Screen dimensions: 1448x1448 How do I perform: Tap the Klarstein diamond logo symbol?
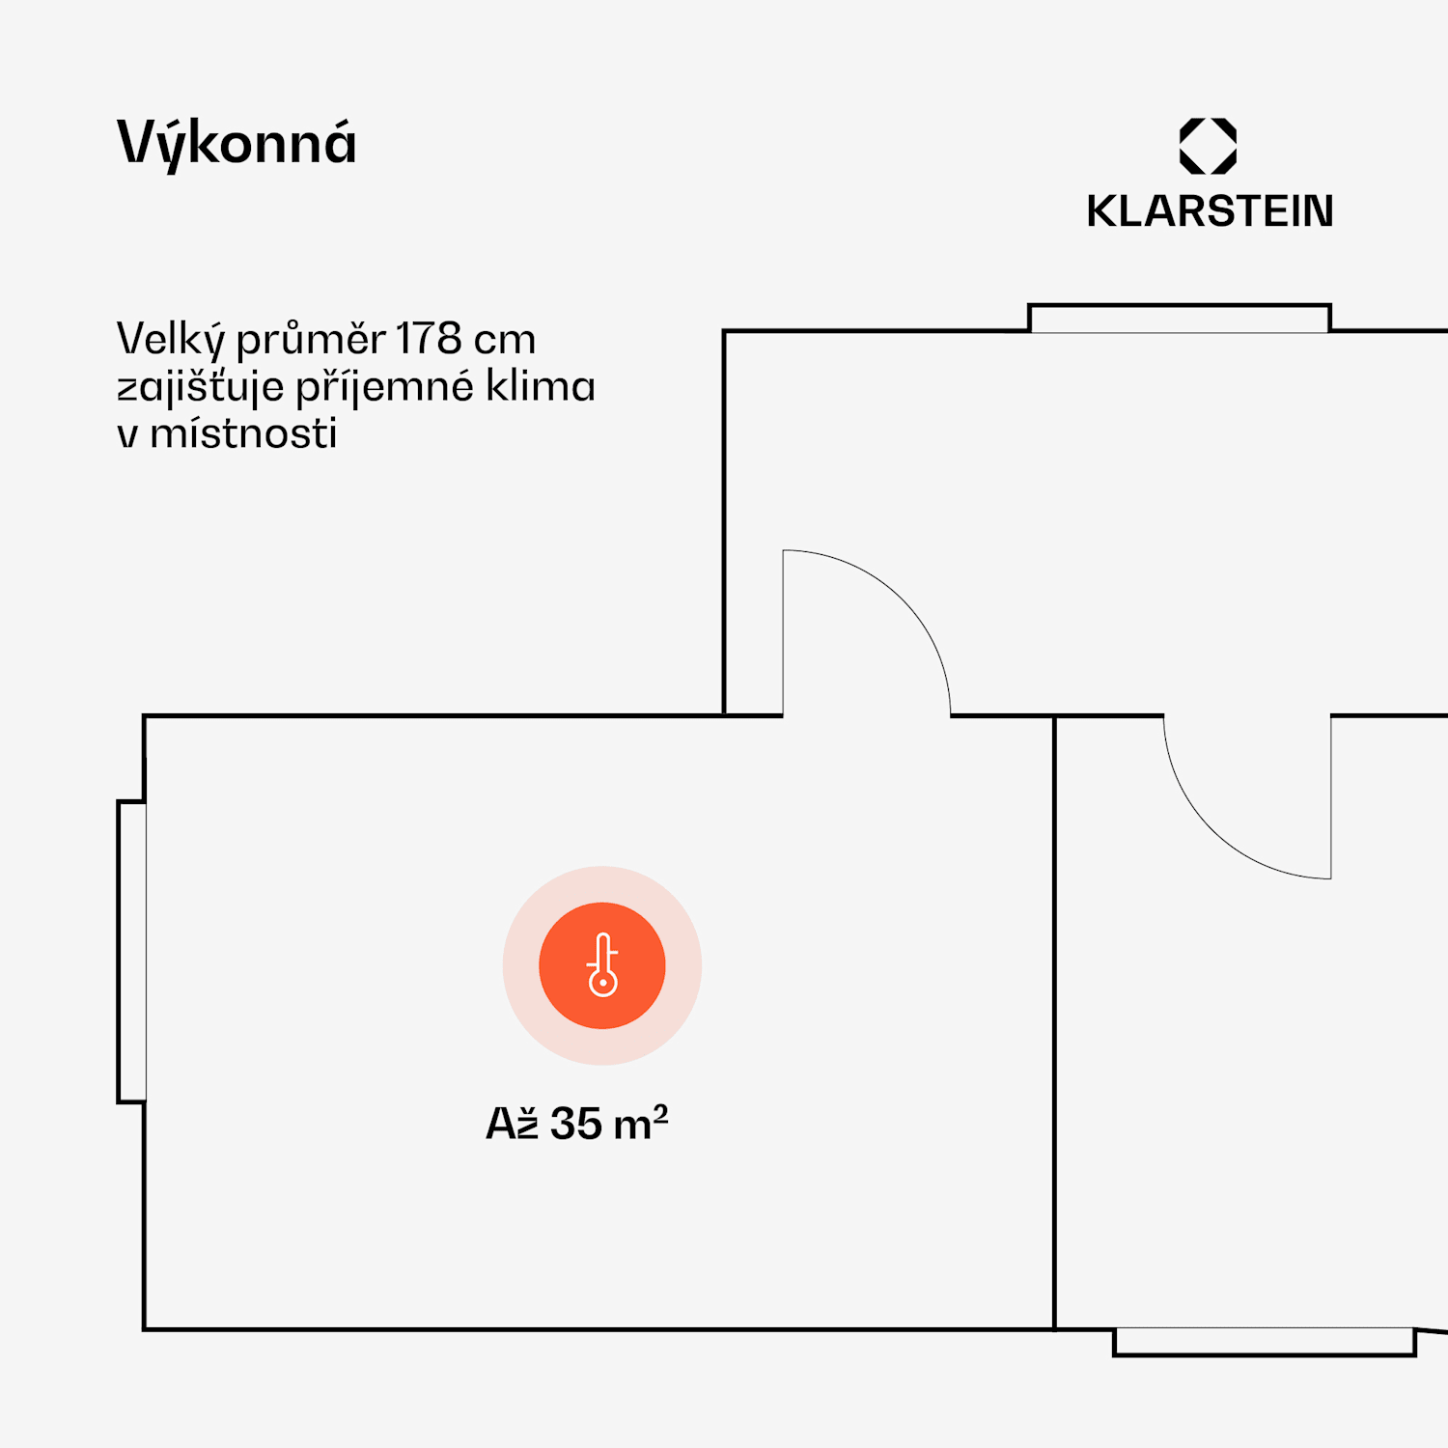(x=1208, y=146)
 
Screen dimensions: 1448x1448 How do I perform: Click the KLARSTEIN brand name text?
(x=1210, y=211)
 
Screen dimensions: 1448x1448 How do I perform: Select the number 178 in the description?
(x=429, y=339)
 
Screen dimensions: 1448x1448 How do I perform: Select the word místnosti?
(x=243, y=433)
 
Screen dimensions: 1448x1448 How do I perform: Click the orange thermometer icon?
(x=602, y=965)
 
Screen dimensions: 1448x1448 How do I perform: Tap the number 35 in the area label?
(x=576, y=1124)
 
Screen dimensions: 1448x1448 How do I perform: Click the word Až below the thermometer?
(x=512, y=1124)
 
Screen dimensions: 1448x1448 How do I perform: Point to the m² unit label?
(x=640, y=1123)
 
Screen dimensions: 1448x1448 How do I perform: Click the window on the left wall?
(x=132, y=951)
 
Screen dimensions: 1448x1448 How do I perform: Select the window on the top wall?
(x=1180, y=319)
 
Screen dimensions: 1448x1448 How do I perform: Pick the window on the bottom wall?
(x=1264, y=1342)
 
